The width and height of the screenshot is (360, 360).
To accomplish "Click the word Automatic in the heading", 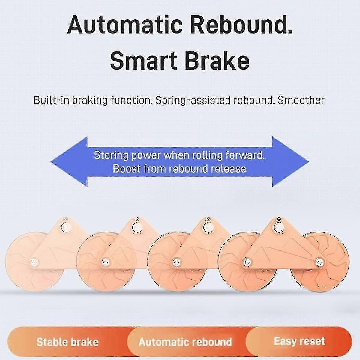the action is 125,25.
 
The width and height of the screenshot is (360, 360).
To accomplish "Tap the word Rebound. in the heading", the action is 241,25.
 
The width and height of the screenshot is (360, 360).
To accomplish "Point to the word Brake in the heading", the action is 217,61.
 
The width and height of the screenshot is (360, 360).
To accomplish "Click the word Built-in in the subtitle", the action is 51,100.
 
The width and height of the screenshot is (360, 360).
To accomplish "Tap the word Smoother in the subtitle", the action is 301,100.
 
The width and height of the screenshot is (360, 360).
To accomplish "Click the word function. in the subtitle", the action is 131,100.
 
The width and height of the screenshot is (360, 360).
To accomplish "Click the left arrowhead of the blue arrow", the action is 69,162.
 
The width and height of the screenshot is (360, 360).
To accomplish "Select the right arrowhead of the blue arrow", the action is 290,162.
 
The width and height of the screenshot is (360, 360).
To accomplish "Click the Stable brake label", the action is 67,342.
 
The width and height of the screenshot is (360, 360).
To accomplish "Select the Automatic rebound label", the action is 185,342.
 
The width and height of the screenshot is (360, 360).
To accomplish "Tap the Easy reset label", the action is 299,341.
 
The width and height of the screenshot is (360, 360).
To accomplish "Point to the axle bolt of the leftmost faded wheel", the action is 34,263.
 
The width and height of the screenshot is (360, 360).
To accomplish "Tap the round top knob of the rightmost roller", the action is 279,227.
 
